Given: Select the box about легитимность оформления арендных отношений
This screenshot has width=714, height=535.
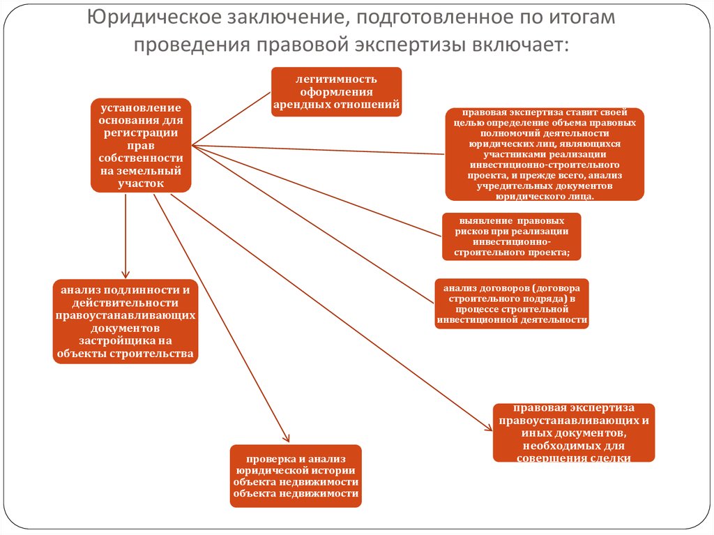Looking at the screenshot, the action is pyautogui.click(x=337, y=91).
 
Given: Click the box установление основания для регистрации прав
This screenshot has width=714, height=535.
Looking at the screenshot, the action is pyautogui.click(x=141, y=145).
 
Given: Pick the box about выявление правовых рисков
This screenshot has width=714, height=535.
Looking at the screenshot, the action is pyautogui.click(x=511, y=236).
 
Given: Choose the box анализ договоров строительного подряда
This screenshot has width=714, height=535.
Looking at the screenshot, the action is pyautogui.click(x=512, y=304).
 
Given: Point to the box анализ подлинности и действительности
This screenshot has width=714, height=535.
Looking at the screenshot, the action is pyautogui.click(x=126, y=322).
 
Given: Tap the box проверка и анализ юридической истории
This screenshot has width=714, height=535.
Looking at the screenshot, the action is pyautogui.click(x=296, y=476).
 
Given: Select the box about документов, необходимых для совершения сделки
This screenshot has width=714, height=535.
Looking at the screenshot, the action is pyautogui.click(x=574, y=432).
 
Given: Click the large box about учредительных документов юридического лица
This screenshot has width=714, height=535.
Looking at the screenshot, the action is pyautogui.click(x=545, y=154).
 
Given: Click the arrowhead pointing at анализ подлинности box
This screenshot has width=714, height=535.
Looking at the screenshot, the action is pyautogui.click(x=126, y=274).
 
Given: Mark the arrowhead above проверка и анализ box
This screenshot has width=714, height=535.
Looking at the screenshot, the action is pyautogui.click(x=286, y=438).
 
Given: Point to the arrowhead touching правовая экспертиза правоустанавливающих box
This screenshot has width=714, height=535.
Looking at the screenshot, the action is pyautogui.click(x=488, y=427).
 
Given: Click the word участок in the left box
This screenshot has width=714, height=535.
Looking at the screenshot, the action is pyautogui.click(x=141, y=183).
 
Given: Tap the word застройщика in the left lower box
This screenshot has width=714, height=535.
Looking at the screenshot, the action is pyautogui.click(x=126, y=341).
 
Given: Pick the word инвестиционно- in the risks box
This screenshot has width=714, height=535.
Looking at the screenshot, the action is pyautogui.click(x=512, y=242).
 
